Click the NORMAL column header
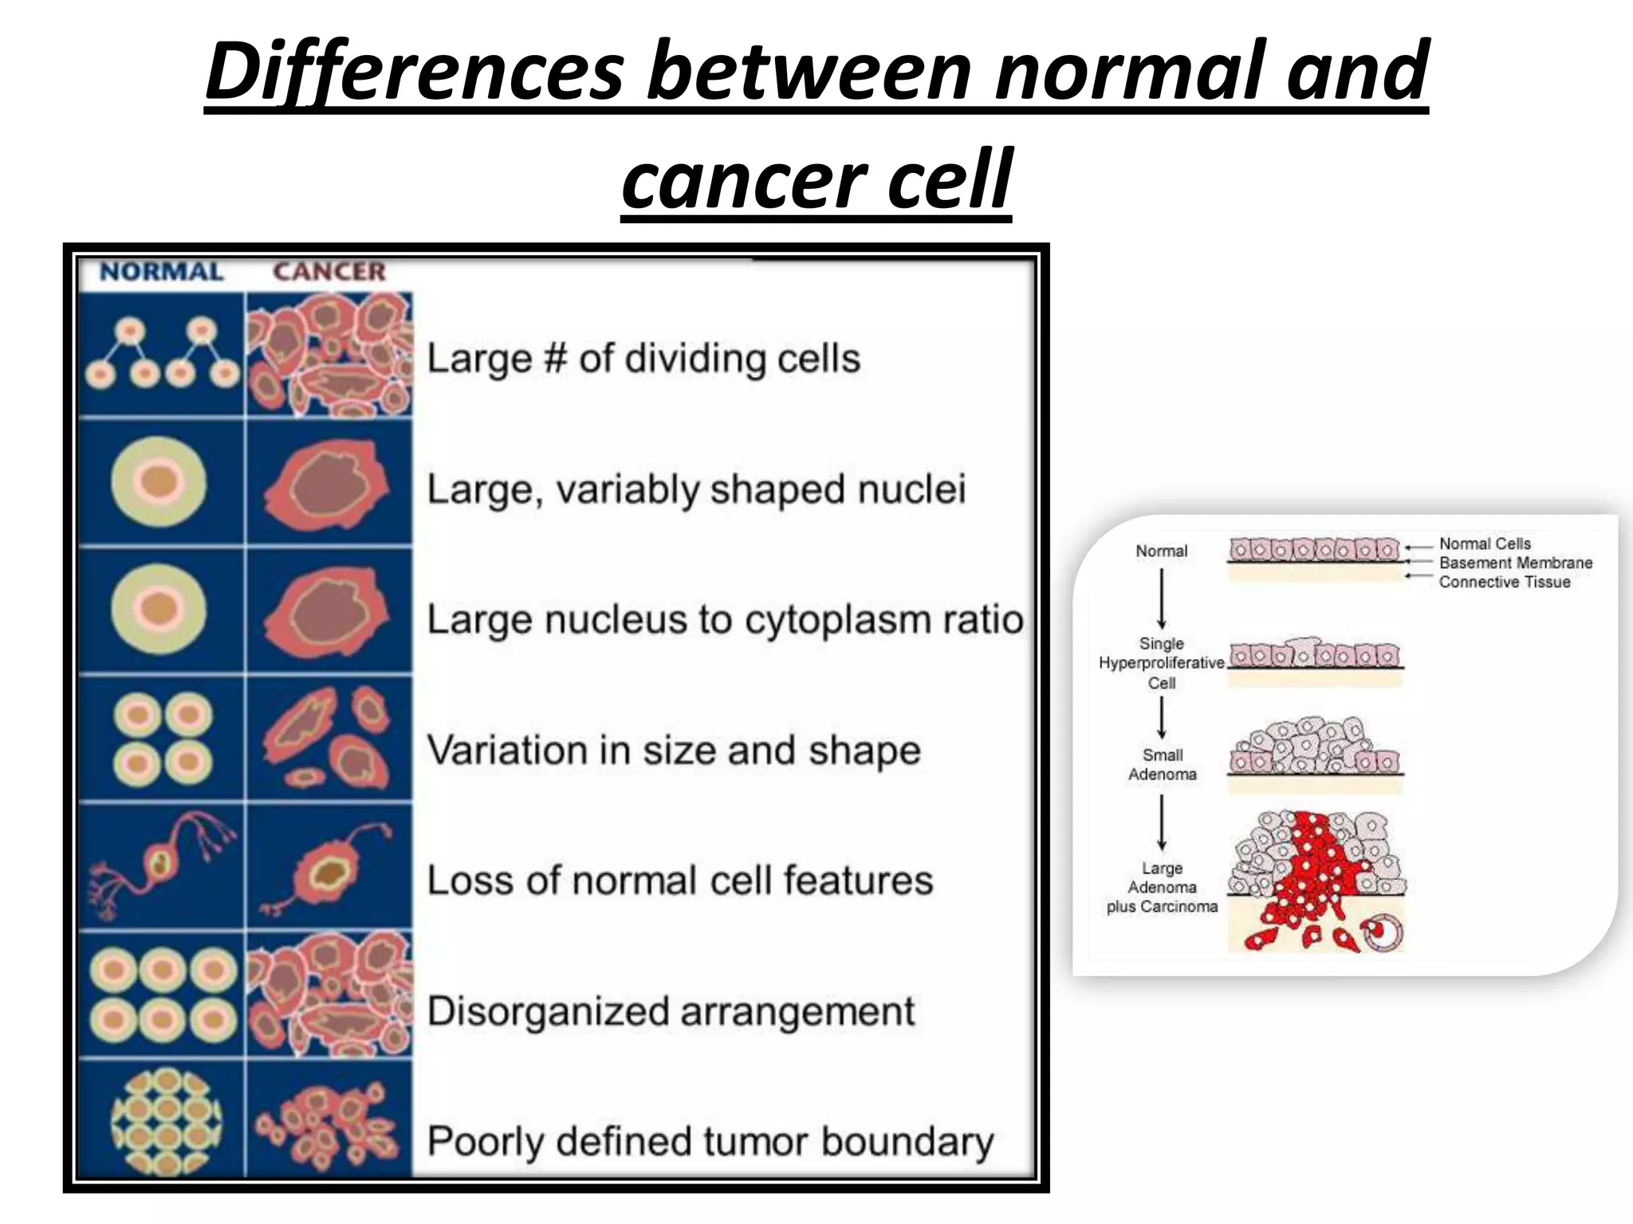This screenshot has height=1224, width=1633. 161,272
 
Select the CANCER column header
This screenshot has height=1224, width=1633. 329,272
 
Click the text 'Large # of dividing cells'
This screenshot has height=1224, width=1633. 643,359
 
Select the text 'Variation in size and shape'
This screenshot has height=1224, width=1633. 674,750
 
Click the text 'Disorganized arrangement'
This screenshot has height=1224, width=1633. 671,1011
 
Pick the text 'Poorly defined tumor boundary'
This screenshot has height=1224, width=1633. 710,1141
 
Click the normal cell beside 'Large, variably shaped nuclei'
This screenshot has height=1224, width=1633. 159,483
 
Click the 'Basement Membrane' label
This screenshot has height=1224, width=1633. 1515,563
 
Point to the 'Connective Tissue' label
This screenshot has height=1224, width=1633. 1504,583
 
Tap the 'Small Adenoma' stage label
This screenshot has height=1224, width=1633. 1162,764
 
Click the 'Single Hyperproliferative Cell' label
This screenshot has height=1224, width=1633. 1161,663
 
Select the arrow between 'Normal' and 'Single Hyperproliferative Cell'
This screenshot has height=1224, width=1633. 1162,598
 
